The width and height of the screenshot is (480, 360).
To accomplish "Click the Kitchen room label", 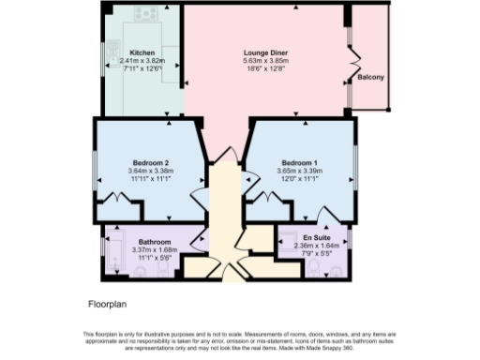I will [142, 52].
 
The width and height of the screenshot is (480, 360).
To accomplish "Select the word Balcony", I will [372, 77].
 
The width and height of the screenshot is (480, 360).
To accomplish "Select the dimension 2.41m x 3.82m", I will [142, 61].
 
